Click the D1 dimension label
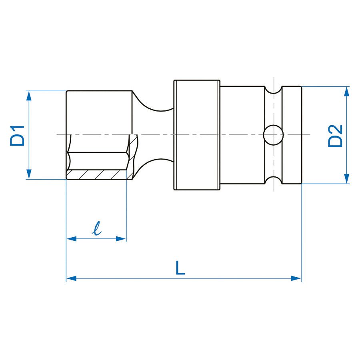click(x=17, y=135)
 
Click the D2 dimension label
click(x=335, y=136)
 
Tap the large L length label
click(x=180, y=268)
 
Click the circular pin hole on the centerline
click(x=274, y=135)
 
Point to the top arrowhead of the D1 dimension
click(x=29, y=95)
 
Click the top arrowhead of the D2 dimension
click(x=347, y=91)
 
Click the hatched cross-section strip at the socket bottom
click(x=97, y=175)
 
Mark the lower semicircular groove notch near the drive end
click(x=274, y=180)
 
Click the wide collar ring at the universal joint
click(x=196, y=135)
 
